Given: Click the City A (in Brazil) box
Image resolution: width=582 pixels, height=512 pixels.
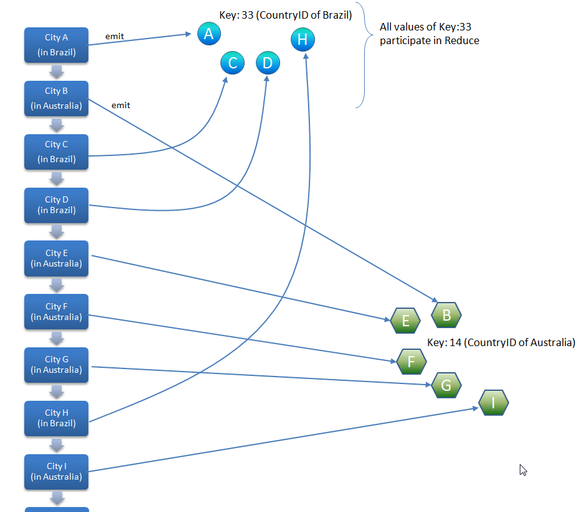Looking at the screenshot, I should [56, 45].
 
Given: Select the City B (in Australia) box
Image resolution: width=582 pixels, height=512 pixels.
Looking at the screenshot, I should [56, 98].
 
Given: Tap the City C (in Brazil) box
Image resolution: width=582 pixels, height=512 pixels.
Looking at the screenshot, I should [56, 152].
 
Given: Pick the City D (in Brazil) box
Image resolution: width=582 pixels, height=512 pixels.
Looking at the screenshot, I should [56, 205].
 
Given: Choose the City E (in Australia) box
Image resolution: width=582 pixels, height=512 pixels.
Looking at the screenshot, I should [56, 258].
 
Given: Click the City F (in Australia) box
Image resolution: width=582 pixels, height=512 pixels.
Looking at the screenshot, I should [56, 312].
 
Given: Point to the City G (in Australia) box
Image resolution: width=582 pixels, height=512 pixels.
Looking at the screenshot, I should [56, 365].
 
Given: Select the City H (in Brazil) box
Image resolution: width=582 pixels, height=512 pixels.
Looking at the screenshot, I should [56, 418].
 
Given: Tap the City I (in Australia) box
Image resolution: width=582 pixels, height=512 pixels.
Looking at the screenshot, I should [56, 472].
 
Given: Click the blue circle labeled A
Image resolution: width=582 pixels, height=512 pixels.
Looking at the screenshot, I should [209, 34].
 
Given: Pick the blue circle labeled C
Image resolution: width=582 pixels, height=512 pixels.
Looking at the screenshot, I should [232, 63].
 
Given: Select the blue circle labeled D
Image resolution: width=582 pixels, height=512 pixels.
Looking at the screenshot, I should [268, 63].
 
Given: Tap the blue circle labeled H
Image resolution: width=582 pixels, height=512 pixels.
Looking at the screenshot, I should [303, 40].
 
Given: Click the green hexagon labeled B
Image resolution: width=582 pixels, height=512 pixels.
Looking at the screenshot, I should [446, 315].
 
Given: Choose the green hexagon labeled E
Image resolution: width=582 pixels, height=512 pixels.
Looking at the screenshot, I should [405, 321].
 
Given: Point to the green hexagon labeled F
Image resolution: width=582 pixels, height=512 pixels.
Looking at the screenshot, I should [411, 361].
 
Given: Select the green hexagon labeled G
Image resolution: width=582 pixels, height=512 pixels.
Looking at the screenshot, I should [446, 385].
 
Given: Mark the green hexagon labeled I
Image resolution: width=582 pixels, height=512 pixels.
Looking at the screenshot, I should [494, 403].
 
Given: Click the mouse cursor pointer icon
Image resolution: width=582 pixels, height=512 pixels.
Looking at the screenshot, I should [523, 470].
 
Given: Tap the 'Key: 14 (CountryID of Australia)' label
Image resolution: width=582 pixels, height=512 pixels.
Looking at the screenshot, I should [501, 342].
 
